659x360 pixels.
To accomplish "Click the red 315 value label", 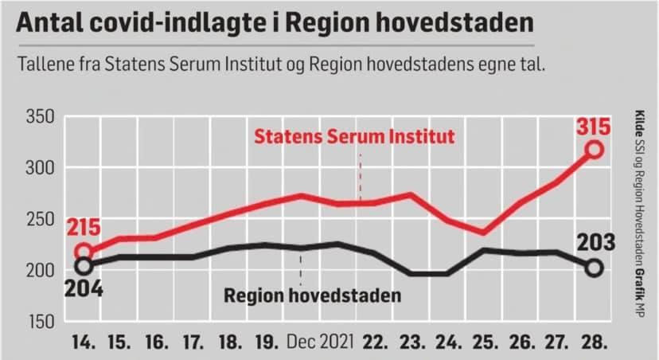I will point(594,127).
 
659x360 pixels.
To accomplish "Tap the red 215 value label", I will point(83,229).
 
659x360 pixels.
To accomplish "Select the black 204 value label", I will point(83,288).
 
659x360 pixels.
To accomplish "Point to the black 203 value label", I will point(594,242).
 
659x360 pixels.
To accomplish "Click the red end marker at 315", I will point(594,150).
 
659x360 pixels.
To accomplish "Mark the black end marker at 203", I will point(594,268).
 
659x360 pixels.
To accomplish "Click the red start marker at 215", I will point(83,252).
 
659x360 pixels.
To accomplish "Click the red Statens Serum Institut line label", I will point(354,136).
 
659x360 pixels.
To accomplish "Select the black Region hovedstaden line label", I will point(311,296).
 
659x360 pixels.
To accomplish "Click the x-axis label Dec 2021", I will point(320,343).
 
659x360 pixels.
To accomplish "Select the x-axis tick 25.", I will point(484,343).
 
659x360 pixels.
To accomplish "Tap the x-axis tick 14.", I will point(83,343).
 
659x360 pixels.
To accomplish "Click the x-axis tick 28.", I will point(594,343).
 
